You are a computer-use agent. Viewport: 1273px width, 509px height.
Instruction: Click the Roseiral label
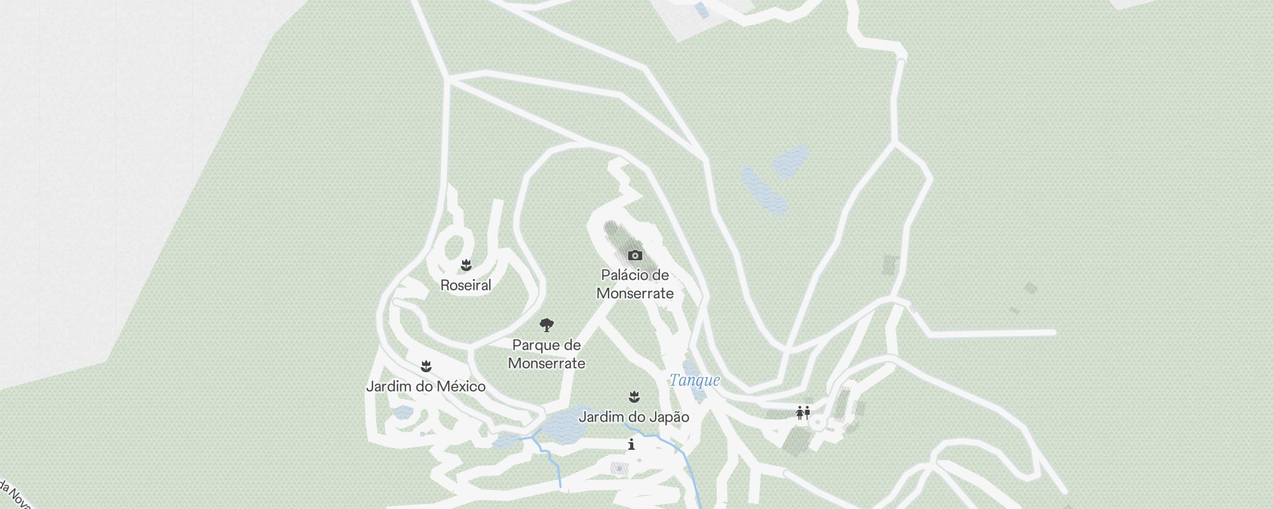click(466, 285)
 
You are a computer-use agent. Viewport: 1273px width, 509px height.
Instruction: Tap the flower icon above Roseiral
click(466, 265)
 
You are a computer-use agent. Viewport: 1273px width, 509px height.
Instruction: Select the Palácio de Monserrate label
click(635, 284)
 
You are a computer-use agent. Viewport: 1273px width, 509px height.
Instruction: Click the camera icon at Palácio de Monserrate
click(635, 255)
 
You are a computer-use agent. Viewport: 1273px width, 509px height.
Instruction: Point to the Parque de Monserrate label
click(546, 354)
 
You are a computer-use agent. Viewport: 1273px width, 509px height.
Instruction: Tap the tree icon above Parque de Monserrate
click(546, 326)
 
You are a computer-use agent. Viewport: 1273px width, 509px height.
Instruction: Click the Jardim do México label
click(425, 386)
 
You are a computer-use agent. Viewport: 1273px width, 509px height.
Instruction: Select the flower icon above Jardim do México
click(426, 366)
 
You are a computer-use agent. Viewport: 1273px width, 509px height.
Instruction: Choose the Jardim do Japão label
click(633, 417)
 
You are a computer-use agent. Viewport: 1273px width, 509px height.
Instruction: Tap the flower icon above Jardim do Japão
click(634, 397)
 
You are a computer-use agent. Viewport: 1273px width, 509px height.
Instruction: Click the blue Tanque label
click(694, 380)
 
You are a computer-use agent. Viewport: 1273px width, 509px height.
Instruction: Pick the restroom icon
click(803, 413)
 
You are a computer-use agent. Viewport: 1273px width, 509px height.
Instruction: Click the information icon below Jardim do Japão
click(631, 444)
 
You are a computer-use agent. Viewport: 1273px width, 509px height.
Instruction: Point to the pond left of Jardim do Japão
click(564, 424)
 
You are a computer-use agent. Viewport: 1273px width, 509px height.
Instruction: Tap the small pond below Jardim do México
click(403, 413)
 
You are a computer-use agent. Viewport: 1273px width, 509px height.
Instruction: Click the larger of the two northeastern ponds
click(764, 190)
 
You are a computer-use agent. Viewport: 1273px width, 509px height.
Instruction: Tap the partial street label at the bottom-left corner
click(14, 495)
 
